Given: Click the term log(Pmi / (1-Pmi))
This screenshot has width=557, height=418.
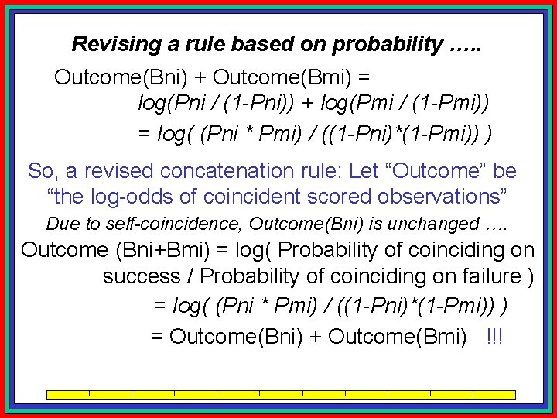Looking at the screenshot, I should click(408, 102).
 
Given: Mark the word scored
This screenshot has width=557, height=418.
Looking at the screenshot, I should click(342, 196).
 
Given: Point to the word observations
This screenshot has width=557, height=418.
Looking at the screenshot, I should click(446, 196).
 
